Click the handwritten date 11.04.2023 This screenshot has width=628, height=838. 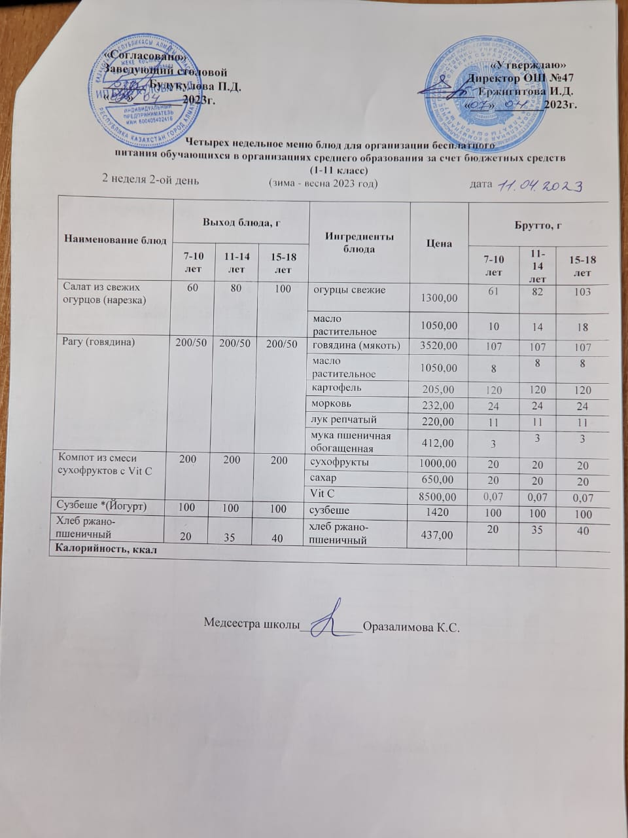pyautogui.click(x=540, y=187)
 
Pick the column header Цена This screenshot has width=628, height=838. pyautogui.click(x=439, y=243)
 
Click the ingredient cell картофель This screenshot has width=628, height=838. pyautogui.click(x=336, y=388)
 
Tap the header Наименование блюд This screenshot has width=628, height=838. pyautogui.click(x=114, y=240)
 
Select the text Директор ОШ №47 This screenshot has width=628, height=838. pyautogui.click(x=523, y=78)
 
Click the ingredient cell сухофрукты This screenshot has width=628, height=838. pyautogui.click(x=340, y=462)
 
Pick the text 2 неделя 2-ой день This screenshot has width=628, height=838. pyautogui.click(x=150, y=179)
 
